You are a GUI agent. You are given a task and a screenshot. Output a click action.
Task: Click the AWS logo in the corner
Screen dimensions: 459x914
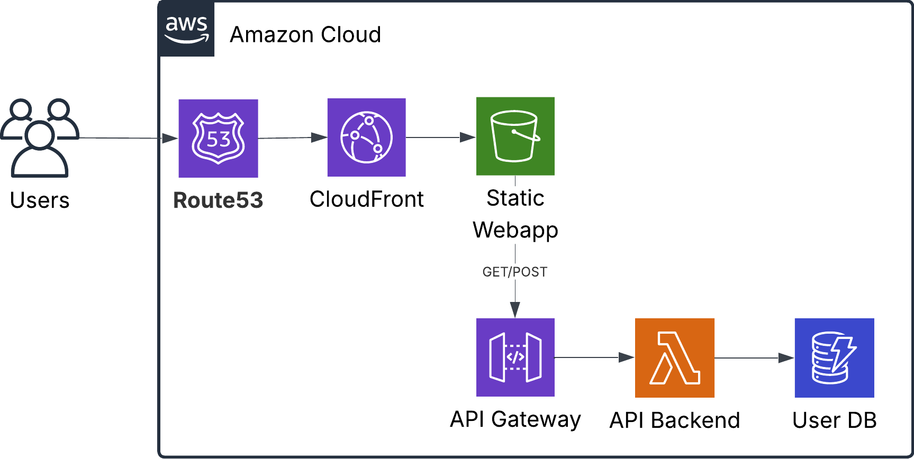pos(187,29)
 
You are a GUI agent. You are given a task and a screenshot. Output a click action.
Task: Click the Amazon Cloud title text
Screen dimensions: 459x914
pos(305,35)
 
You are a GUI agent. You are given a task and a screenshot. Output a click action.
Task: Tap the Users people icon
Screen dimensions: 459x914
pos(40,137)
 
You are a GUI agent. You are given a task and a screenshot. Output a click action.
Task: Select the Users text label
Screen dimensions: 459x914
pos(40,200)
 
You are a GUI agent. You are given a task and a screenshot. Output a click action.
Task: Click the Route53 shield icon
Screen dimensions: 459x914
pos(218,138)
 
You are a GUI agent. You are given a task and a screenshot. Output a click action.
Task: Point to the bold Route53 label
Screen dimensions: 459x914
pos(218,200)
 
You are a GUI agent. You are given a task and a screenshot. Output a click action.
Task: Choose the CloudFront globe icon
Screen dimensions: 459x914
pos(367,137)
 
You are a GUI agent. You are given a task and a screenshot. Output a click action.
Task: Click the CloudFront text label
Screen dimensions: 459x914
pos(367,199)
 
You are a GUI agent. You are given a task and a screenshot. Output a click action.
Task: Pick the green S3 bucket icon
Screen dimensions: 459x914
pos(515,136)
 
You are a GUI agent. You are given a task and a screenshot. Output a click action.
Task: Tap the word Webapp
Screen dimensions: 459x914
pos(515,230)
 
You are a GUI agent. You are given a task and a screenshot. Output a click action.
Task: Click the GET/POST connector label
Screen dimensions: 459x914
pos(515,272)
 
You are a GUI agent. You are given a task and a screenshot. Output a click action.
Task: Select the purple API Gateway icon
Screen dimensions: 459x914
pos(515,357)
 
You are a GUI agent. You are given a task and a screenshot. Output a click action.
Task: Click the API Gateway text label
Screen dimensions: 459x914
pos(515,419)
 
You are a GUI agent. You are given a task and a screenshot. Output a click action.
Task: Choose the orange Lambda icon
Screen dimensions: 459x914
pos(675,358)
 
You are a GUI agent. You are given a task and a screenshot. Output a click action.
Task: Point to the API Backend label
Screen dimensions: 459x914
pos(675,420)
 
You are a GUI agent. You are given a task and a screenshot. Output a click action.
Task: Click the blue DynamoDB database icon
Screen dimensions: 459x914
pos(835,358)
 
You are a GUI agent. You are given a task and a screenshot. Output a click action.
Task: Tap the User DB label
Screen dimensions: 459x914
pos(835,420)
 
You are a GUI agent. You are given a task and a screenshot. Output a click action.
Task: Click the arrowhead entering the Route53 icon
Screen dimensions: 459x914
pos(170,138)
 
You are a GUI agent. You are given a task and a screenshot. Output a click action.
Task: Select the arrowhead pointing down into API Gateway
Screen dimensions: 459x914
pos(515,310)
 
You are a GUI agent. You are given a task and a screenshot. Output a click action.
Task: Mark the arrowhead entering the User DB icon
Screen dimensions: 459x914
pos(786,358)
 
